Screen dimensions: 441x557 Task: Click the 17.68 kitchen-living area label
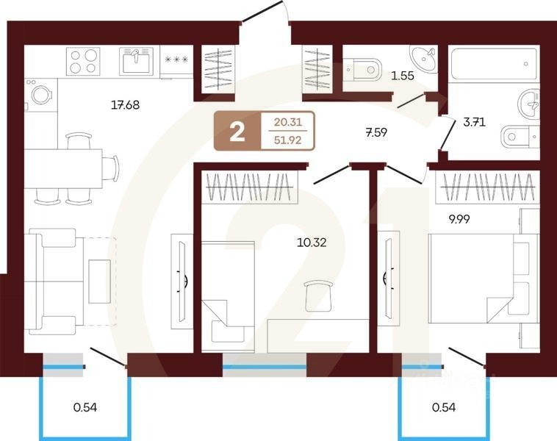[125, 104]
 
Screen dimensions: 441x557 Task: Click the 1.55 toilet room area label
[402, 74]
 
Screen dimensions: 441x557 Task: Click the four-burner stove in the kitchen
[83, 61]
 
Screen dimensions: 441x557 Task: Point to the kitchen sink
[136, 61]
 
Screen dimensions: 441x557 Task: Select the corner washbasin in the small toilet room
[423, 57]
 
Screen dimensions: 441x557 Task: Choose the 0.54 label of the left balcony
[86, 406]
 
